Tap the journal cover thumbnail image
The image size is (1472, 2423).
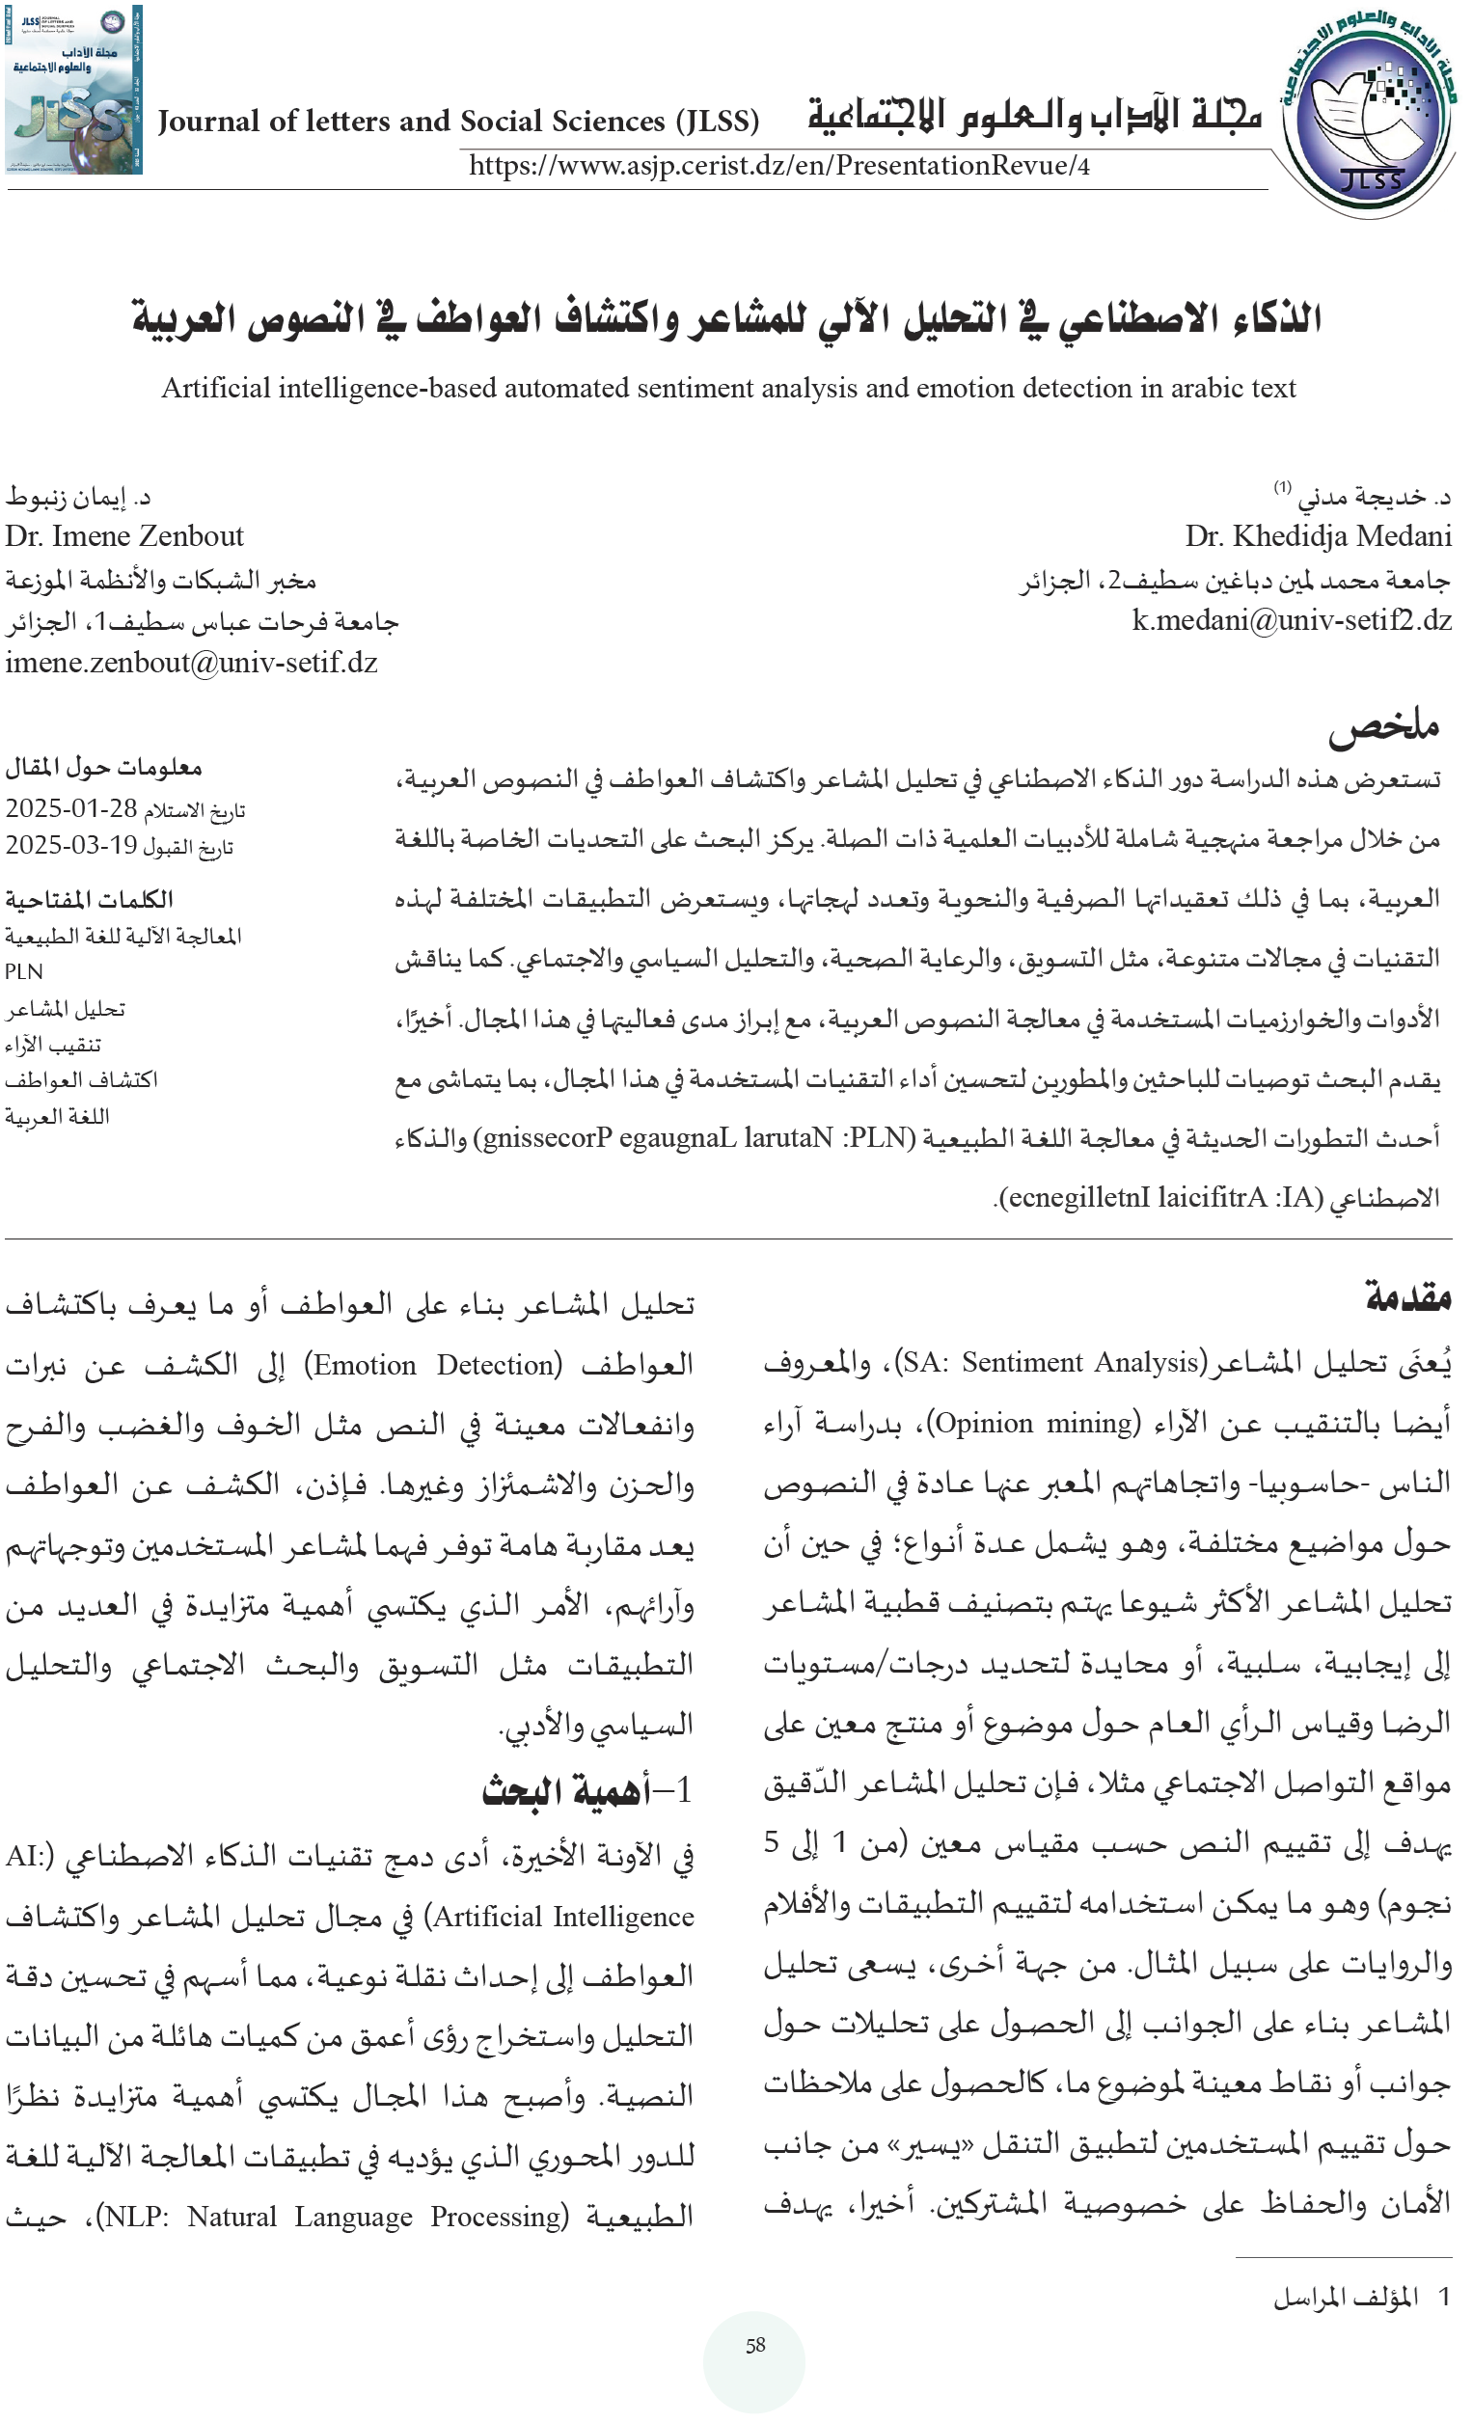[73, 91]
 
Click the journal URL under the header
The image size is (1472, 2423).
[778, 165]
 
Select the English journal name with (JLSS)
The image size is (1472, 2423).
[458, 121]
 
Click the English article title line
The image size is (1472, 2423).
[728, 389]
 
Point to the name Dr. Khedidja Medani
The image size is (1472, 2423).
[1318, 536]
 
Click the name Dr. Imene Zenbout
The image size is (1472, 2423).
[123, 536]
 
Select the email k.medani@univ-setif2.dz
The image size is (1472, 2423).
[1291, 619]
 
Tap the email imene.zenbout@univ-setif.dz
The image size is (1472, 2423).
[191, 662]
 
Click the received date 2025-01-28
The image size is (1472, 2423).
[70, 808]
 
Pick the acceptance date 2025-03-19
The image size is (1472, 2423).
[70, 845]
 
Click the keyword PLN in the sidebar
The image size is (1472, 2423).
[23, 971]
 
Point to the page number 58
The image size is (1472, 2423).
[754, 2345]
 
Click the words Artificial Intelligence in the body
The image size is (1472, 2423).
[563, 1917]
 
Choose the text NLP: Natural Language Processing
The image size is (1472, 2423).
[337, 2217]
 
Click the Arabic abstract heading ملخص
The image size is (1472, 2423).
[1383, 724]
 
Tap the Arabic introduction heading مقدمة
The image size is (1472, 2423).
[1408, 1296]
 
